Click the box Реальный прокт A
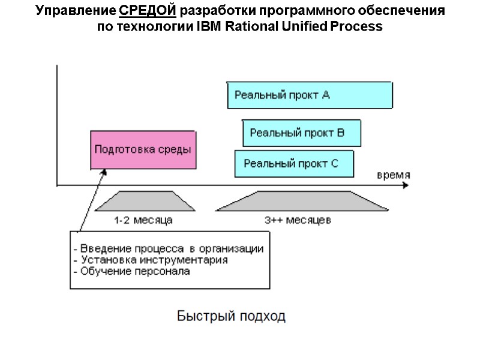click(x=310, y=95)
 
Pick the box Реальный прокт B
click(x=302, y=133)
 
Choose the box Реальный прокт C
click(x=294, y=163)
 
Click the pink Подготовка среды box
click(x=144, y=150)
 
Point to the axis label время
click(x=393, y=175)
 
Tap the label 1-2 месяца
click(x=143, y=220)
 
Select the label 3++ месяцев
click(x=298, y=220)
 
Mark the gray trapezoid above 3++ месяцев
click(x=299, y=202)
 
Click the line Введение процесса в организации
click(x=168, y=249)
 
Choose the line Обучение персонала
click(x=131, y=271)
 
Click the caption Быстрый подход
click(x=231, y=316)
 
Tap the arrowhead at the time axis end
click(x=405, y=185)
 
